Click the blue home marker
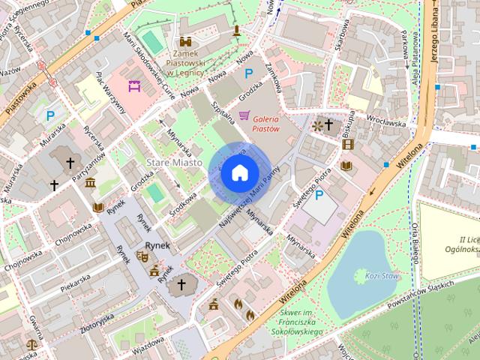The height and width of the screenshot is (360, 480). (239, 173)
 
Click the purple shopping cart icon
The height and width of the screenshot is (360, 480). (244, 115)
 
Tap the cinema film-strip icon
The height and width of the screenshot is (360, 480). (346, 143)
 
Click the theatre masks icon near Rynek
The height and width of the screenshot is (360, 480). (142, 256)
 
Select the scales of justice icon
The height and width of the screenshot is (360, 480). (31, 345)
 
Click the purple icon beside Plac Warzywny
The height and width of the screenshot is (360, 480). (135, 86)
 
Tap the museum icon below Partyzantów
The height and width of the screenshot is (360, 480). (90, 184)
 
